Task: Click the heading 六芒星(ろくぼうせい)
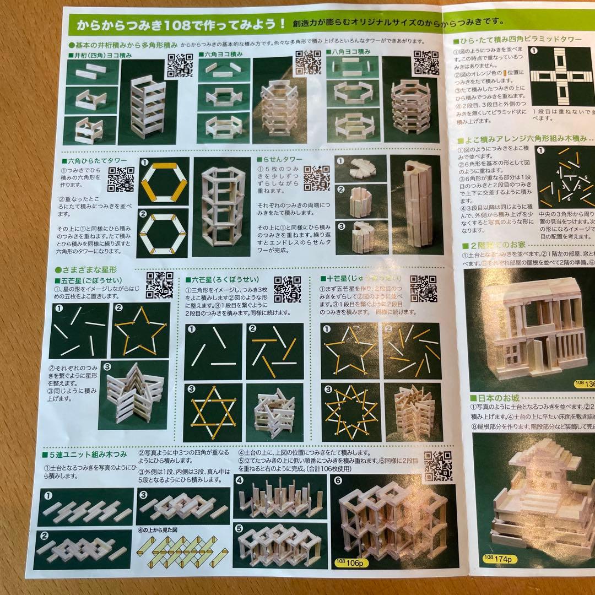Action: (x=225, y=280)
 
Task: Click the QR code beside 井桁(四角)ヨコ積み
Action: (x=180, y=66)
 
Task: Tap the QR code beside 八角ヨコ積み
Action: (x=426, y=63)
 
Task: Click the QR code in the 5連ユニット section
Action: (x=438, y=467)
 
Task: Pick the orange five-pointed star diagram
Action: (x=140, y=329)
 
